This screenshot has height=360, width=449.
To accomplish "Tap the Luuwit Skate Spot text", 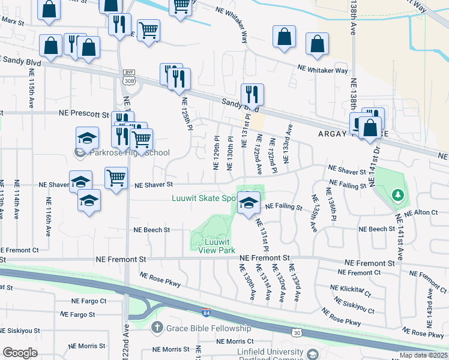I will [204, 197].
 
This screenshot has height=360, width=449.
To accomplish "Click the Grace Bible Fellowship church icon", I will [157, 328].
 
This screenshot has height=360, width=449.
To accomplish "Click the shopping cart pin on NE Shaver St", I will [116, 178].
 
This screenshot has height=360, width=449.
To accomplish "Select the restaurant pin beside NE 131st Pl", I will [252, 95].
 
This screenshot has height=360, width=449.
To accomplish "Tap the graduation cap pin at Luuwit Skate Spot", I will [247, 203].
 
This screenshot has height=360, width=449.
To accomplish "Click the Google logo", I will [20, 353].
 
